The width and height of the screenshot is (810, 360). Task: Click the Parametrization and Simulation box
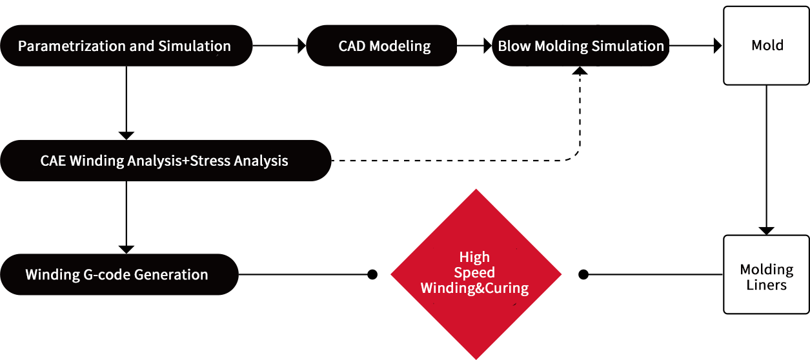pos(127,46)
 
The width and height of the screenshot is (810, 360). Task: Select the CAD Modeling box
pos(381,46)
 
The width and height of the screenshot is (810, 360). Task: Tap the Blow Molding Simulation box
pos(581,46)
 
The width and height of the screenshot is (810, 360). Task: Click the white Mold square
pos(766,46)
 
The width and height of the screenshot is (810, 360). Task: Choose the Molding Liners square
pos(766,275)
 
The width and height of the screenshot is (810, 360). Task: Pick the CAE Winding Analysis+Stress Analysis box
pos(166,161)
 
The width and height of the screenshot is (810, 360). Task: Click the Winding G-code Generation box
pos(119,274)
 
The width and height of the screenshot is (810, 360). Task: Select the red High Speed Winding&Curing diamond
pos(476,274)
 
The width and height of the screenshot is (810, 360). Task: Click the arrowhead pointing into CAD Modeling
pos(302,46)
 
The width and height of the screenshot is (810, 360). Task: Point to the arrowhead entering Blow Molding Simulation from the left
pos(488,46)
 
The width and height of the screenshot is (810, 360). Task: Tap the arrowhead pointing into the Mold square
pos(718,46)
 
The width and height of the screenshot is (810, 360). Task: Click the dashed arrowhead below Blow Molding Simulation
pos(580,70)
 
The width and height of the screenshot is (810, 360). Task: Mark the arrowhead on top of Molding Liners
pos(766,231)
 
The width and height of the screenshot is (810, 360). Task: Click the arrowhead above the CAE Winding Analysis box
pos(127,136)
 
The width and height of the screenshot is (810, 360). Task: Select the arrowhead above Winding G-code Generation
pos(127,250)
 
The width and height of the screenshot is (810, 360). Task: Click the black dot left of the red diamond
pos(372,275)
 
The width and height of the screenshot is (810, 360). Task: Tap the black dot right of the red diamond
pos(583,275)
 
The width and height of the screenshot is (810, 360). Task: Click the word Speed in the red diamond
pos(474,273)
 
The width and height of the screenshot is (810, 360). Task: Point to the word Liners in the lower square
pos(766,285)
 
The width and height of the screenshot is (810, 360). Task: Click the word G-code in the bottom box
pos(107,275)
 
